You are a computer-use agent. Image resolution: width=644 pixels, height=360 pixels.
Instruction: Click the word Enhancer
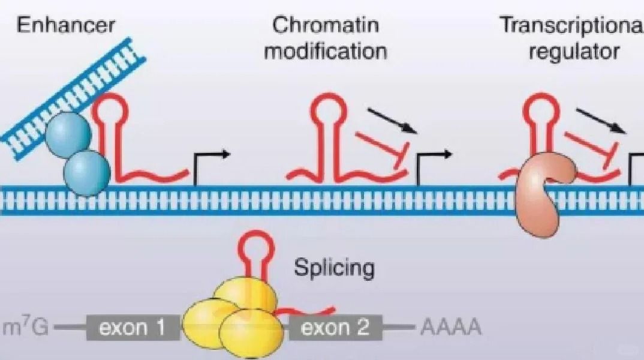(65, 25)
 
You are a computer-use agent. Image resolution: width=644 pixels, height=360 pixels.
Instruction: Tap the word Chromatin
(326, 25)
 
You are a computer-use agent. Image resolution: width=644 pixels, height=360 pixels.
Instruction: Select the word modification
(326, 50)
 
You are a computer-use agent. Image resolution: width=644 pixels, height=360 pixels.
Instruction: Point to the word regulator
(573, 50)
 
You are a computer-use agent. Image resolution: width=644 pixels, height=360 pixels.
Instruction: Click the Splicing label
(334, 267)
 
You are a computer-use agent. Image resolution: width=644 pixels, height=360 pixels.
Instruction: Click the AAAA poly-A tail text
(450, 328)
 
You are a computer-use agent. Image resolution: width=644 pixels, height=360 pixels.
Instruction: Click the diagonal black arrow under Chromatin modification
(392, 121)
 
